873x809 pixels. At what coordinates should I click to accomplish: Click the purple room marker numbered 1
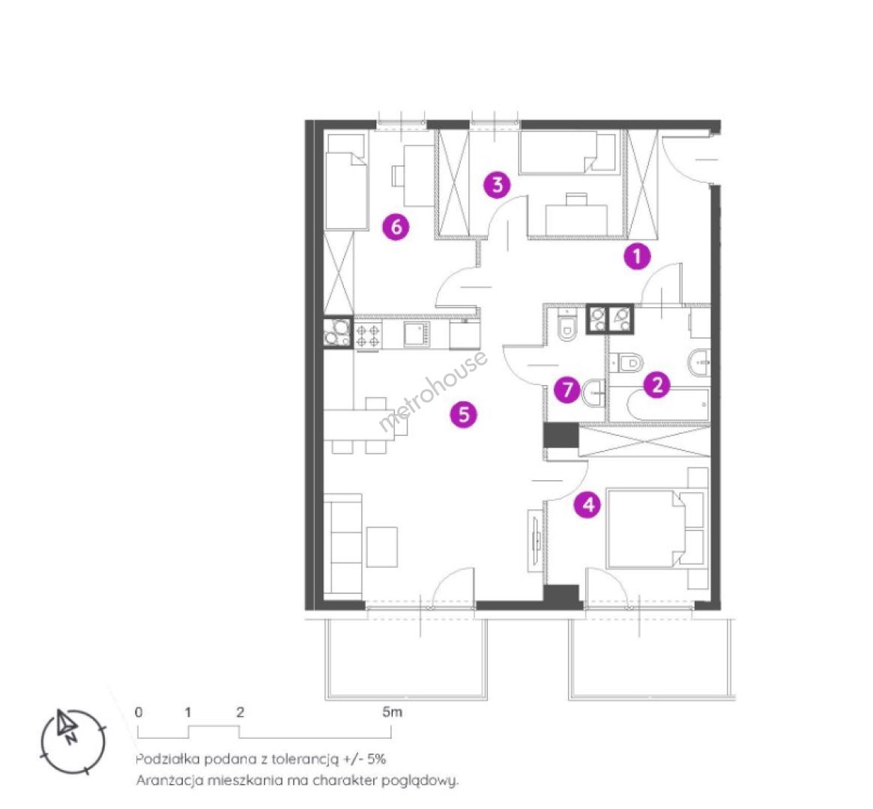(x=637, y=256)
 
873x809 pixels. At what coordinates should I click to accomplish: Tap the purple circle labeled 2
(x=657, y=384)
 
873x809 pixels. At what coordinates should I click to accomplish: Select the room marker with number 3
(x=497, y=185)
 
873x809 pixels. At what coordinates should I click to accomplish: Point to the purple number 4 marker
(x=588, y=505)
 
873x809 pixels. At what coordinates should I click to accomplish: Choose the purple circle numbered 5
(x=464, y=414)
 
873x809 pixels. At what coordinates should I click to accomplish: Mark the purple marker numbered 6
(x=396, y=226)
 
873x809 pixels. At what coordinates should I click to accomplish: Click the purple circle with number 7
(x=567, y=389)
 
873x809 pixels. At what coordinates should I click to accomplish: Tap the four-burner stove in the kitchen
(x=367, y=336)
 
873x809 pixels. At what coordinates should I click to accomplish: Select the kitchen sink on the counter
(x=417, y=335)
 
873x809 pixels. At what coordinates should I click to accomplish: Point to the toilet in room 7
(x=567, y=328)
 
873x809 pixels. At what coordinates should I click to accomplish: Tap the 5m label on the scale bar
(x=392, y=712)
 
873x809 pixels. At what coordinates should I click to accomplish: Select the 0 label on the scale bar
(x=139, y=712)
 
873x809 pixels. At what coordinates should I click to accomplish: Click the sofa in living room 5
(x=342, y=545)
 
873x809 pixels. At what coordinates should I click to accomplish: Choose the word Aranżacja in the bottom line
(x=169, y=781)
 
